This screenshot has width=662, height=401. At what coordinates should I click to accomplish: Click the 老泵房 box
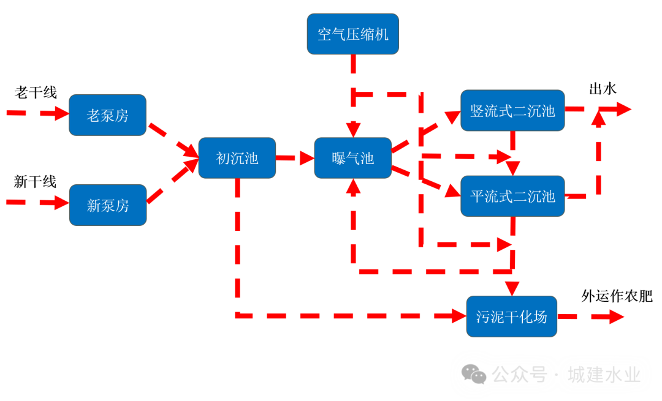coord(107,114)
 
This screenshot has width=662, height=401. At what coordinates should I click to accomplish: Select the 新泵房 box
coord(107,204)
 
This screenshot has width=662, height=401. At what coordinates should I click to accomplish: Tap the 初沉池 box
coord(237,158)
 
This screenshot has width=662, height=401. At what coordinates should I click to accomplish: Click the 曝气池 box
coord(352,158)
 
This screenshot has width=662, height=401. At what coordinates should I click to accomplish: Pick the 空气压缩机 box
coord(352,34)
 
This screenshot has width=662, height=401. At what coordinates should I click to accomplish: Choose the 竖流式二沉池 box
coord(512,110)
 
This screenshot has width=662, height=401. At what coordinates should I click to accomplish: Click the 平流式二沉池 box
coord(512,196)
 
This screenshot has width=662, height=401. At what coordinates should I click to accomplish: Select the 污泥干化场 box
coord(511,317)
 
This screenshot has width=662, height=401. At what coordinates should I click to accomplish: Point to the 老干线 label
coord(36,92)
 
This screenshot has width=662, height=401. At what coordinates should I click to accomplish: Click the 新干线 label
coord(35,182)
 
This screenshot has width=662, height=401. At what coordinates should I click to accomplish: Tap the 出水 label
coord(603,89)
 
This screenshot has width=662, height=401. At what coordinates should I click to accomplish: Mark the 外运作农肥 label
coord(617,296)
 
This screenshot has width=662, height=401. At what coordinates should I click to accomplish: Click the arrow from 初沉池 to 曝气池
coord(295,158)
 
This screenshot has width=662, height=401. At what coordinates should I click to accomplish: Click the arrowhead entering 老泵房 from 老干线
coord(61,113)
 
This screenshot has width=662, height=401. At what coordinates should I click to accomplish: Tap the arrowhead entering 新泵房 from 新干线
coord(61,203)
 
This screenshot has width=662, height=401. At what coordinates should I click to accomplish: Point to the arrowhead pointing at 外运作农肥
coord(615,317)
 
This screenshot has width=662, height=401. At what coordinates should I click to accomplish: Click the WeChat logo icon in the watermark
coord(474,374)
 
